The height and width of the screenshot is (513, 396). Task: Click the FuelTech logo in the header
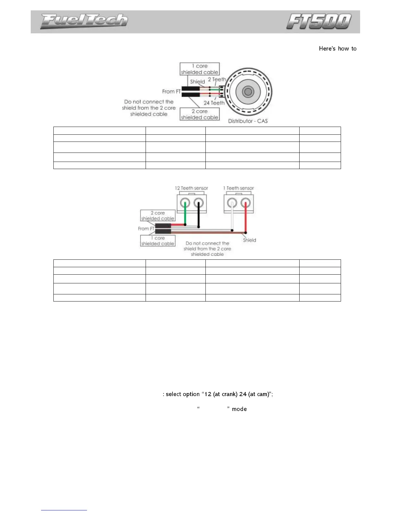click(84, 21)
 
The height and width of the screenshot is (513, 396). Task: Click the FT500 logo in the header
click(319, 21)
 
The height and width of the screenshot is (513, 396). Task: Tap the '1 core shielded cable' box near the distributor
click(200, 69)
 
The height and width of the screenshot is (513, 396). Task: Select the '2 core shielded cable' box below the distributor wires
click(200, 114)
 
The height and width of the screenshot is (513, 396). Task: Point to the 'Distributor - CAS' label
click(248, 121)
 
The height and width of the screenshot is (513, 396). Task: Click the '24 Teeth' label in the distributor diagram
click(214, 103)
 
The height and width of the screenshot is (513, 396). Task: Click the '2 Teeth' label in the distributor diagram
click(217, 79)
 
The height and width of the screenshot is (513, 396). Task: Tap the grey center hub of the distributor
click(248, 92)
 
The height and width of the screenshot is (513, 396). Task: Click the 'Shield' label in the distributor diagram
click(197, 82)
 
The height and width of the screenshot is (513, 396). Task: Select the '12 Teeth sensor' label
click(191, 188)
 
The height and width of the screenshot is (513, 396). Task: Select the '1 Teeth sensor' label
click(238, 188)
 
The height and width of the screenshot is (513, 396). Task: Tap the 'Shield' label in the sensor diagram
click(249, 240)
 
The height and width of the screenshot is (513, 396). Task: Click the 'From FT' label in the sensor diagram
click(146, 229)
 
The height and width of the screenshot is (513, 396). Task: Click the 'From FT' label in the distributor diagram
click(171, 92)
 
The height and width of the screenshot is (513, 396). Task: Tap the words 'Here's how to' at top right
click(337, 49)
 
